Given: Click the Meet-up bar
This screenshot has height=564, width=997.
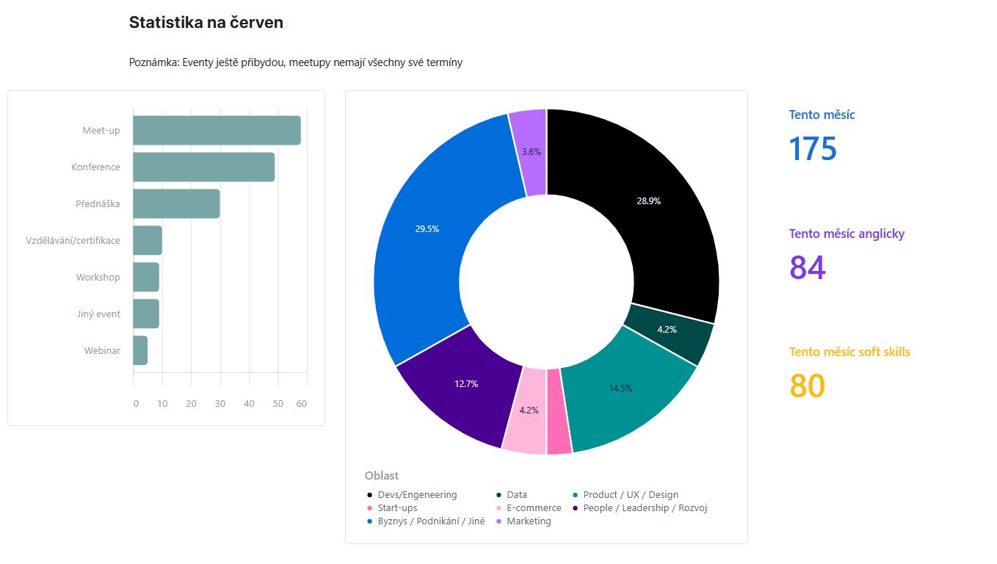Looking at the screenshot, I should [217, 131].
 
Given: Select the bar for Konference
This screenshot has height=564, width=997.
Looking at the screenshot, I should [203, 167].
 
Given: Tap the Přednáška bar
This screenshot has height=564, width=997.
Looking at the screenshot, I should [176, 203].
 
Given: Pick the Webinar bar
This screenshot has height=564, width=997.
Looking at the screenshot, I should [140, 350].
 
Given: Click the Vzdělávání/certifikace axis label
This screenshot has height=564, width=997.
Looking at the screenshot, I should [73, 240].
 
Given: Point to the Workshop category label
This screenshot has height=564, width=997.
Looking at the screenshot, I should [98, 277].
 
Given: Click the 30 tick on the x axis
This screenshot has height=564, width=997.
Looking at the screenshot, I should [220, 403].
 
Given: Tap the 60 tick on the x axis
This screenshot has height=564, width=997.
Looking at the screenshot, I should [301, 403].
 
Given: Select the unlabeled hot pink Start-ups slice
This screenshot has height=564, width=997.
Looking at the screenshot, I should [559, 411].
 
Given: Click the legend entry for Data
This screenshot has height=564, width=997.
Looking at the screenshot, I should [517, 494].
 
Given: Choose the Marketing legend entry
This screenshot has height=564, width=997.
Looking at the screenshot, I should [529, 521].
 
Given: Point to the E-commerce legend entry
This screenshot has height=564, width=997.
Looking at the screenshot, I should [534, 507].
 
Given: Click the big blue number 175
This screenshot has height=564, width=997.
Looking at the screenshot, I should [813, 148].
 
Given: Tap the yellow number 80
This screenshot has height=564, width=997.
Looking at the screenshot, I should [808, 386].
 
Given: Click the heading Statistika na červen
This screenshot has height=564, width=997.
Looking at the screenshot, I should [206, 23].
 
